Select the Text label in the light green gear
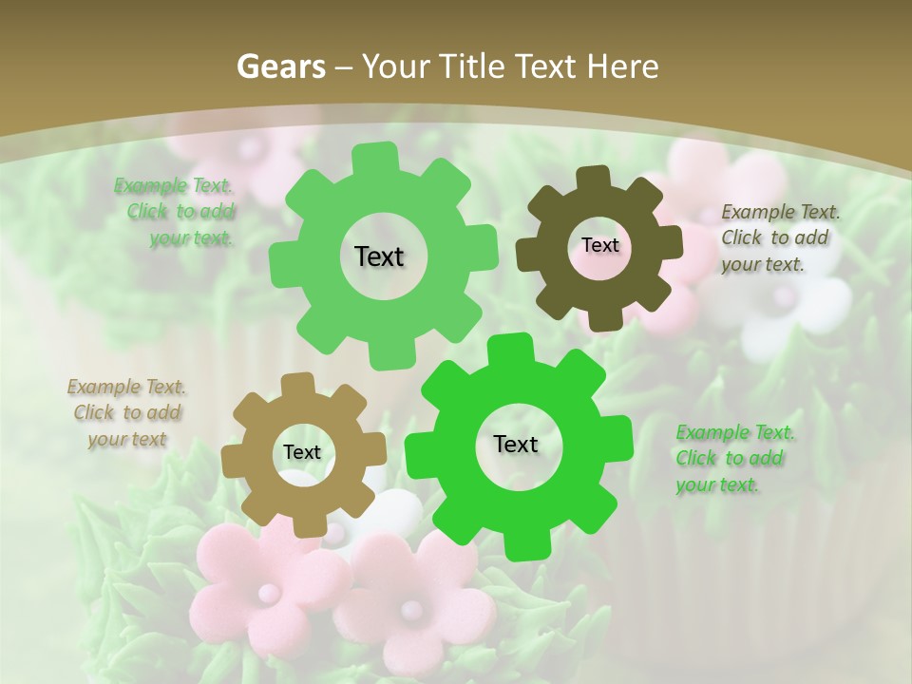click(379, 256)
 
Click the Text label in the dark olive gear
click(599, 245)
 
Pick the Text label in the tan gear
click(301, 452)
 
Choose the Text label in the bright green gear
click(515, 444)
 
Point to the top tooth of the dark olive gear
click(595, 179)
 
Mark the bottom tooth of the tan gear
click(305, 524)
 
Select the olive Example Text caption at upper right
click(779, 237)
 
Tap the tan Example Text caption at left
click(127, 412)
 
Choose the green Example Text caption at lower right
click(734, 458)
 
